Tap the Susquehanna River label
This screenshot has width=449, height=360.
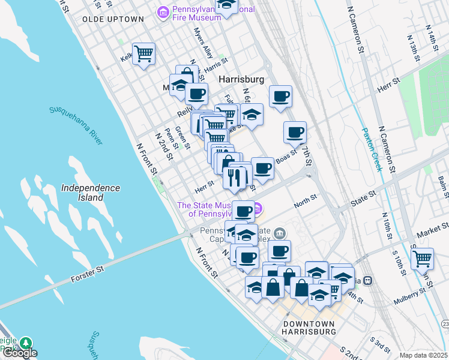pyautogui.click(x=77, y=126)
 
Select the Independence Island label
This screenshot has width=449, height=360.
pyautogui.click(x=91, y=192)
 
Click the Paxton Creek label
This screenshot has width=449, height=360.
pyautogui.click(x=372, y=149)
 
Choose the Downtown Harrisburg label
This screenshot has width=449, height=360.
pyautogui.click(x=309, y=327)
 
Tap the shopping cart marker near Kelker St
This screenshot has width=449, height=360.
pyautogui.click(x=144, y=54)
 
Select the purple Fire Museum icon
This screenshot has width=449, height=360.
pyautogui.click(x=163, y=12)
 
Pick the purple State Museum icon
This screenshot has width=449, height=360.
pyautogui.click(x=258, y=209)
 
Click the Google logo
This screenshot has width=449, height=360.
pyautogui.click(x=19, y=353)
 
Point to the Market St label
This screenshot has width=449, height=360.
pyautogui.click(x=435, y=228)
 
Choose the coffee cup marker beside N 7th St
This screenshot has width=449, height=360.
pyautogui.click(x=294, y=133)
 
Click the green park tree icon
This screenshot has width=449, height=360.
pyautogui.click(x=25, y=343)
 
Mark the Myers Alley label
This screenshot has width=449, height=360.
pyautogui.click(x=203, y=44)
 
